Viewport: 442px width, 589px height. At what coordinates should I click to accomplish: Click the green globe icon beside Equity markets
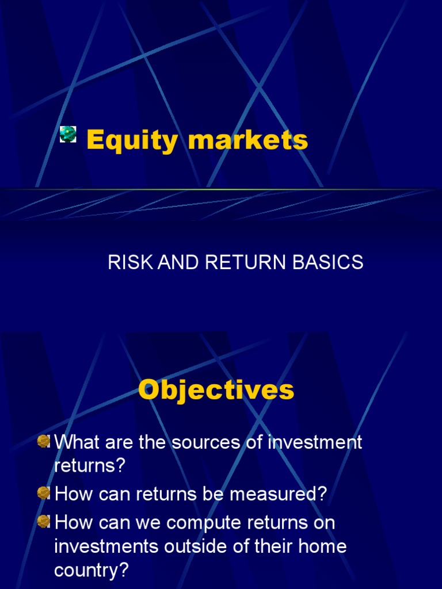click(x=68, y=134)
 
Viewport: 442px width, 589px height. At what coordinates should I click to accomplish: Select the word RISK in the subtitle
click(x=125, y=262)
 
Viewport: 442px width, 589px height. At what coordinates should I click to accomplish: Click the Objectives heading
click(x=216, y=390)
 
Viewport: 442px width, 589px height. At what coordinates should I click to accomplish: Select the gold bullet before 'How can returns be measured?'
click(x=44, y=493)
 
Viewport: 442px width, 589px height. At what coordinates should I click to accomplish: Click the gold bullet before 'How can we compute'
click(x=44, y=522)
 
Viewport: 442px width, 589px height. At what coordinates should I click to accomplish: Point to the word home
click(x=321, y=546)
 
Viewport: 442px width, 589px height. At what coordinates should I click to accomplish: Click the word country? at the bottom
click(x=92, y=570)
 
